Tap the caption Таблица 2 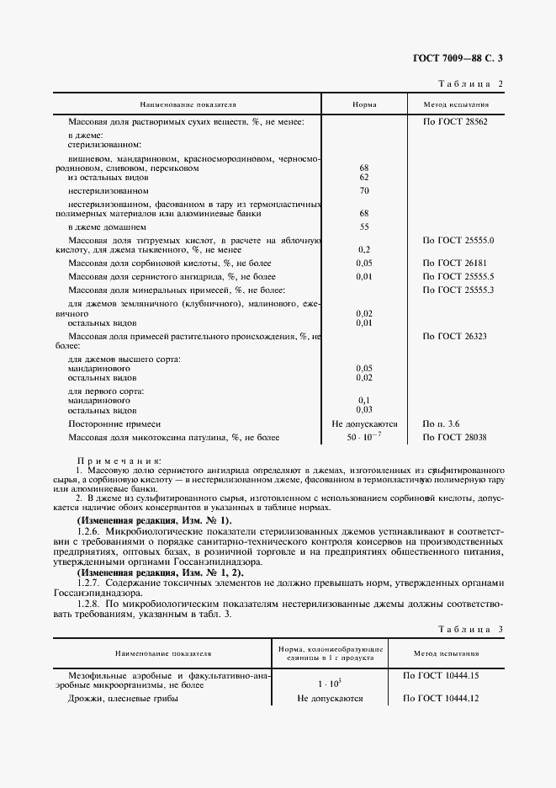pyautogui.click(x=470, y=84)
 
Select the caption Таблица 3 pyautogui.click(x=470, y=630)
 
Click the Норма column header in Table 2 pyautogui.click(x=364, y=105)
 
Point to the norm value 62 pyautogui.click(x=364, y=178)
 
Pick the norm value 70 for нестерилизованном pyautogui.click(x=364, y=191)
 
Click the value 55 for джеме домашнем pyautogui.click(x=364, y=226)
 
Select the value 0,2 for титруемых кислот pyautogui.click(x=364, y=249)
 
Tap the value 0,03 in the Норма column pyautogui.click(x=364, y=410)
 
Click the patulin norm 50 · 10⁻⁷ pyautogui.click(x=364, y=438)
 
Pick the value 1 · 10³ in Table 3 pyautogui.click(x=330, y=685)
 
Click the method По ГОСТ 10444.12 pyautogui.click(x=441, y=699)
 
